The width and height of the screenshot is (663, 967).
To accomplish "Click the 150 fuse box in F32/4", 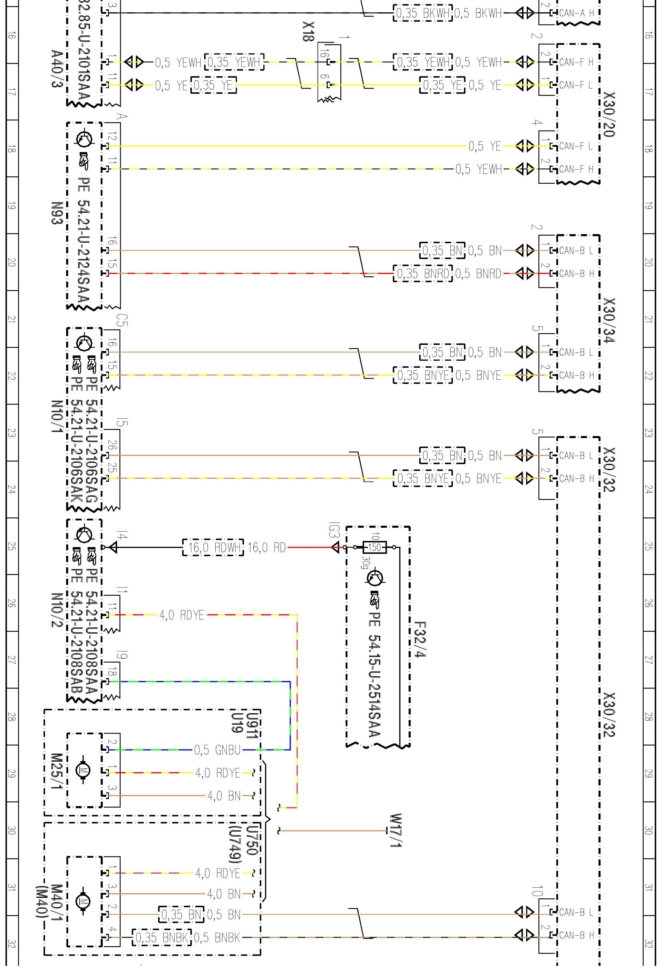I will click(374, 547).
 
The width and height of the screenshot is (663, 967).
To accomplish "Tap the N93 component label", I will click(57, 213).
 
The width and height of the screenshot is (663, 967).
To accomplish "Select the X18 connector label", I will click(308, 32).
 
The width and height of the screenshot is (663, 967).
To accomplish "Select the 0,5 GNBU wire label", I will click(217, 750).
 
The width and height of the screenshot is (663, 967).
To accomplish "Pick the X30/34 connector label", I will click(609, 320).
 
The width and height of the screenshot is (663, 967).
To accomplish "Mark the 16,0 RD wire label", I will click(266, 548).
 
